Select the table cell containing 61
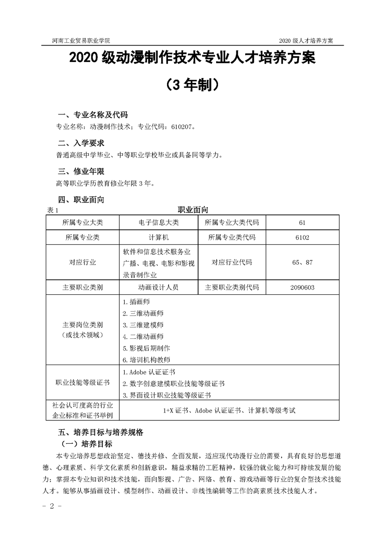tap(302, 223)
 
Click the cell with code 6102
tap(302, 238)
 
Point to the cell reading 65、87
tap(302, 262)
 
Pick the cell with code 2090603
tap(302, 287)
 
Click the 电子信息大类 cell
tap(158, 223)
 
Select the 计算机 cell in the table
tap(158, 238)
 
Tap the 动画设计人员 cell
tap(158, 287)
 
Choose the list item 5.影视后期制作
tap(146, 348)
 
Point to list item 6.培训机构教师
tap(146, 360)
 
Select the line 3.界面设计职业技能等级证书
tap(167, 395)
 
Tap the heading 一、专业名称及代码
tap(93, 115)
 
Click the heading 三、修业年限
tap(81, 171)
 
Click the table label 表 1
tap(52, 210)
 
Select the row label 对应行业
tap(83, 262)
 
